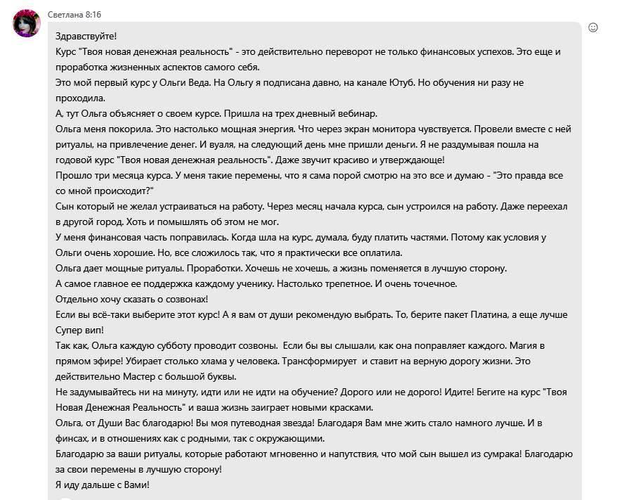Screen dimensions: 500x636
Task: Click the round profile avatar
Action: (x=27, y=23)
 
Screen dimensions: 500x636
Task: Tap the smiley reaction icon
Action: (x=592, y=27)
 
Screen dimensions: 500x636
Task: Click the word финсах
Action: (x=71, y=438)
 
